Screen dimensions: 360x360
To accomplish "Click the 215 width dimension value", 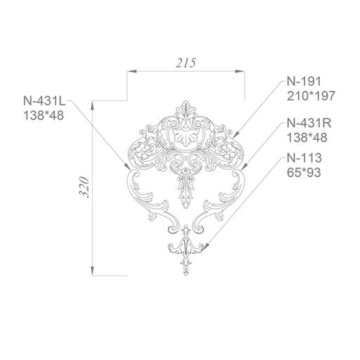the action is pos(186,63).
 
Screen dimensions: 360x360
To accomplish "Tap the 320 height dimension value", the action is pos(84,187).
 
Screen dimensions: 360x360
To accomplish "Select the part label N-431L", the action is pos(44,101).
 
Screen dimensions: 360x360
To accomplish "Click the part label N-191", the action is pos(304,82).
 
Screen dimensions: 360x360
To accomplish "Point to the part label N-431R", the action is pos(309,123).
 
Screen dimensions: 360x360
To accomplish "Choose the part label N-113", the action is pos(304,158).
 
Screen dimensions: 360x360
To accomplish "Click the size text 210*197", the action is pos(311,96).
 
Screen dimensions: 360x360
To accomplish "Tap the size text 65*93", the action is pos(304,173).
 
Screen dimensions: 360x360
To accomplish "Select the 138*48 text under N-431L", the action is pos(44,115).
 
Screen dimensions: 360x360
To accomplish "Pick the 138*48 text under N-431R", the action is pos(307,138).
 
